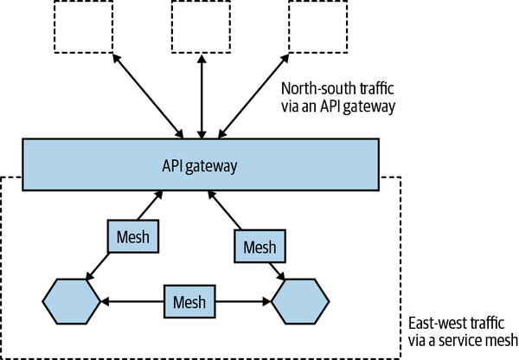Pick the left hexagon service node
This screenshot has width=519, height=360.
point(72,302)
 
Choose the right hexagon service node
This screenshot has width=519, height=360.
point(300,302)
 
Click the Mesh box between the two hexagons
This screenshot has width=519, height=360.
point(189,302)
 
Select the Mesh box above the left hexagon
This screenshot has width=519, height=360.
point(133,235)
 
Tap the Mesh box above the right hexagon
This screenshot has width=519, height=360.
point(259,248)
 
